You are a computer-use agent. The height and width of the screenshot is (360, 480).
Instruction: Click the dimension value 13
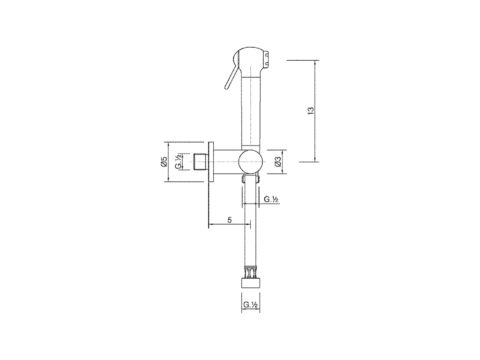click(x=310, y=111)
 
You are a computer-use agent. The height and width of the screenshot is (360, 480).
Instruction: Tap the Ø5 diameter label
click(x=164, y=162)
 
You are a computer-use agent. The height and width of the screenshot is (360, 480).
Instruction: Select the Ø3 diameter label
click(x=278, y=162)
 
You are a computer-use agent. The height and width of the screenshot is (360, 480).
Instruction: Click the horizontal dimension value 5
click(x=229, y=220)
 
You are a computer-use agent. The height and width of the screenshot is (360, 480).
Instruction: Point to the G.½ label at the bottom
click(x=250, y=304)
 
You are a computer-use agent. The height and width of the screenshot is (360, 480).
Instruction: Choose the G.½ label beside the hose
click(x=271, y=199)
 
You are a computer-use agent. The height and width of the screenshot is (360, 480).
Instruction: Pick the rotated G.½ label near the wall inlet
click(x=178, y=162)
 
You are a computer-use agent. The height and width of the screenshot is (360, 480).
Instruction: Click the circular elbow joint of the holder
click(x=250, y=162)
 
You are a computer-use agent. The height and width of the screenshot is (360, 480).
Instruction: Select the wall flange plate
click(x=211, y=162)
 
